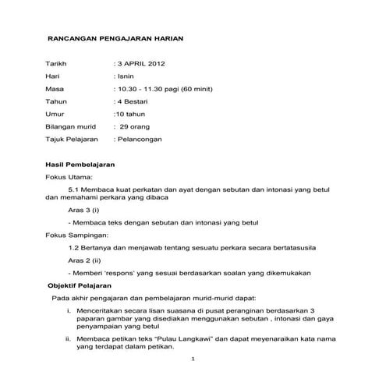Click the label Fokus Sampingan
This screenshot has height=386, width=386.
tap(77, 234)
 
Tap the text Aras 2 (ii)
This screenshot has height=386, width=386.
tap(85, 260)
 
